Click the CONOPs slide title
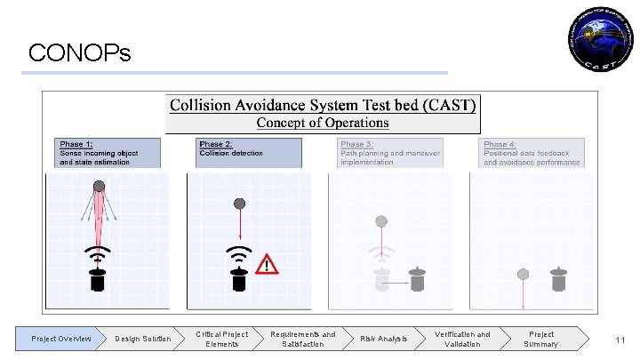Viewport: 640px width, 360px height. [79, 54]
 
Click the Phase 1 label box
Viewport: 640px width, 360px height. [109, 152]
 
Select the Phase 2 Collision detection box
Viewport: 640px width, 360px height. [249, 152]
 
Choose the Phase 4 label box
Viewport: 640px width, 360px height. [532, 152]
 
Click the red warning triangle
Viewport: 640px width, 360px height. [267, 265]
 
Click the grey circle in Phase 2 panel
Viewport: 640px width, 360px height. [238, 204]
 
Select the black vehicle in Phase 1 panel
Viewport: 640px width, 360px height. [100, 279]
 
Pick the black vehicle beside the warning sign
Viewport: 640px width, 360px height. [238, 279]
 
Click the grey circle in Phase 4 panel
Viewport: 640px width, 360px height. [524, 274]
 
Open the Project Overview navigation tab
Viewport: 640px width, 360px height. [60, 339]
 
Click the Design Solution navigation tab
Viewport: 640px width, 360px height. [142, 339]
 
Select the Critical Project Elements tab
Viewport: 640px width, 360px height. [222, 339]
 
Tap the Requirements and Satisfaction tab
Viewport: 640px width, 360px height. [303, 339]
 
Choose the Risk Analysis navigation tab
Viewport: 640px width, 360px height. [383, 339]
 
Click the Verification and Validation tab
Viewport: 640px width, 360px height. [462, 339]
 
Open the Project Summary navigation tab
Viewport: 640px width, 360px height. [541, 339]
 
